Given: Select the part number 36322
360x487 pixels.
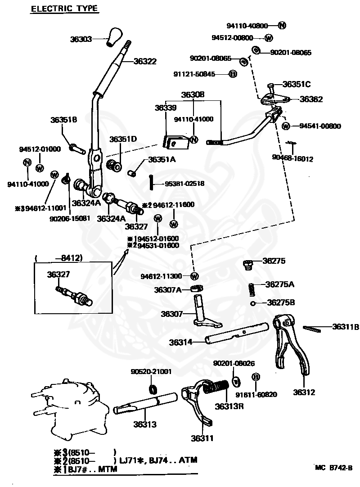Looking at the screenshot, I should [x=144, y=61].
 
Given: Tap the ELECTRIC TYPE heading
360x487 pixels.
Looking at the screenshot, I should [x=64, y=9].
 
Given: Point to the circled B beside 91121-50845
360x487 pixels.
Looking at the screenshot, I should [x=233, y=74].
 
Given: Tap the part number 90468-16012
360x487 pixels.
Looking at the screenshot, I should [x=292, y=158].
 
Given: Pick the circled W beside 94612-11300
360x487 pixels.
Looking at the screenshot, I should [x=194, y=276].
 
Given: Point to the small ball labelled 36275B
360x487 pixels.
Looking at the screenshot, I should [x=253, y=303].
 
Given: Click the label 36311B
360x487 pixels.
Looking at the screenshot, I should [x=346, y=327].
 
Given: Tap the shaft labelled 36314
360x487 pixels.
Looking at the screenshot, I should [x=229, y=338].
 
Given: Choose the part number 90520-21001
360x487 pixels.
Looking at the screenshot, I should [x=151, y=372].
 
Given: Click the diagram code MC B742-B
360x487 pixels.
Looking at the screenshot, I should [x=333, y=468].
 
